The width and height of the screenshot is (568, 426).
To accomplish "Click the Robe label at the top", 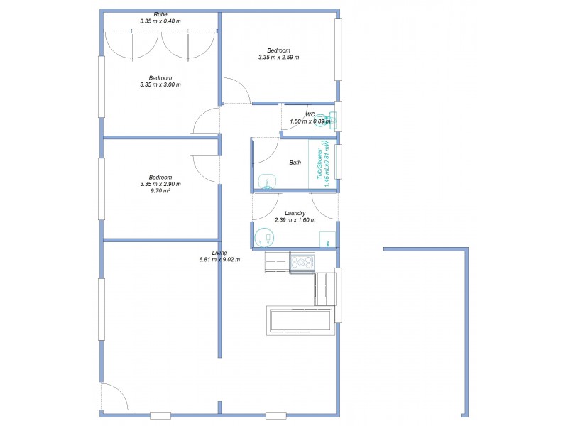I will pos(160,14).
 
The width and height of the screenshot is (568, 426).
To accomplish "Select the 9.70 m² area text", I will pos(160,191).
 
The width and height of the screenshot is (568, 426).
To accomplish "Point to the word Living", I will pos(220,253).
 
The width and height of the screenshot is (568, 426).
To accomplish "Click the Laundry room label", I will pos(295,213).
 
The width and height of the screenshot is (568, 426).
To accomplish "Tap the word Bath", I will pos(295,163).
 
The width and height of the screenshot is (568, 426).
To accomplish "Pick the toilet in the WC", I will pos(322,120).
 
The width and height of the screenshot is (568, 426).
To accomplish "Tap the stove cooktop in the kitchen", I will pos(303,263).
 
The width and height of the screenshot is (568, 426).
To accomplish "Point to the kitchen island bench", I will pos(300,320).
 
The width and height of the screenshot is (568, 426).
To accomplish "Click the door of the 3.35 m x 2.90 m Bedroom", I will pos(205,168).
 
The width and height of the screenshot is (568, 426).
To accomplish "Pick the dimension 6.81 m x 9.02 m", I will pos(220,260).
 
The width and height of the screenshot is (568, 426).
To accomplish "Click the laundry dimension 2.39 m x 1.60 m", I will pos(295,220).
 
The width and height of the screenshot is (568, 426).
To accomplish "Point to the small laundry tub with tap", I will pos(327,239).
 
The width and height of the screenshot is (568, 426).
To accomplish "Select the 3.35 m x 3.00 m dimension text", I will pos(160,84).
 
